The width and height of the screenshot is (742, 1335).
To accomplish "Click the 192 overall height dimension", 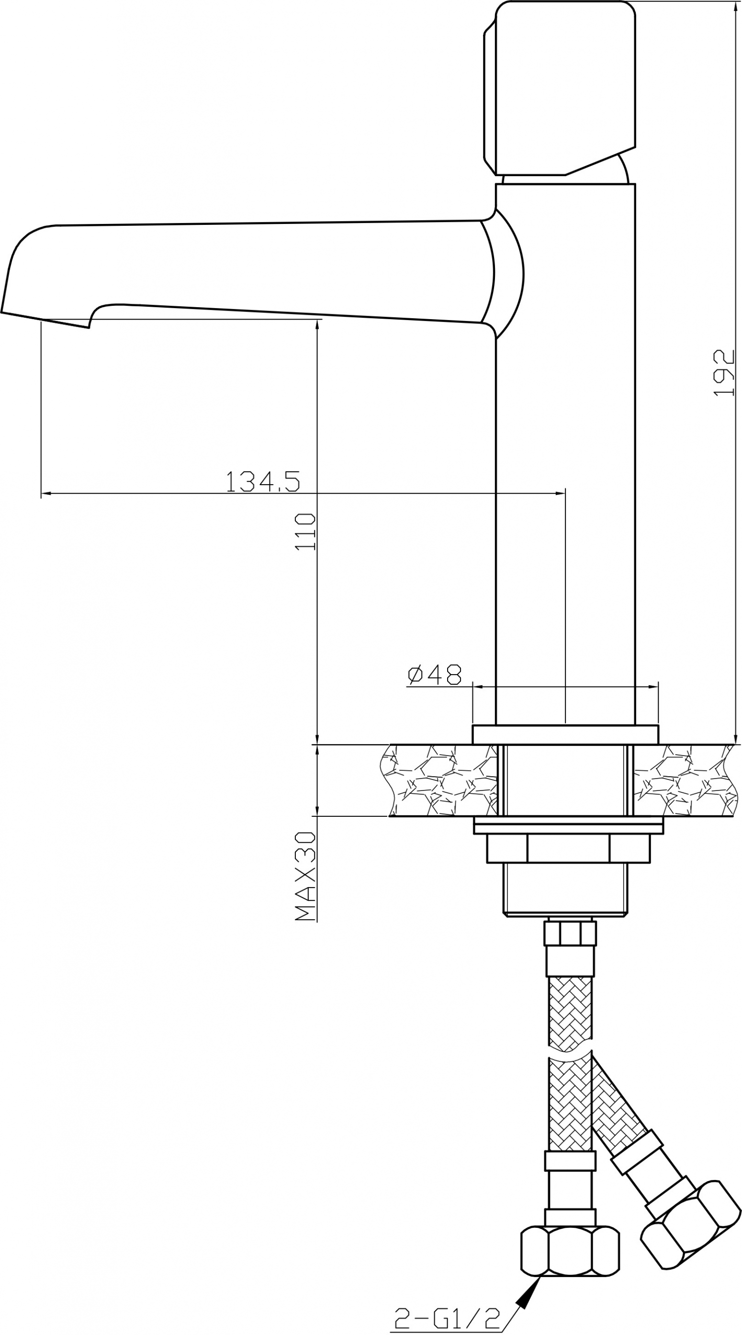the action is pos(724,373).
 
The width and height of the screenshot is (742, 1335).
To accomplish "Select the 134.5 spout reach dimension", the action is pos(263,481).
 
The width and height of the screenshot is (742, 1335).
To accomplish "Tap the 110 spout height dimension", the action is pos(305,533).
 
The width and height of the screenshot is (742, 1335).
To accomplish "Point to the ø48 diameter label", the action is pos(435,675).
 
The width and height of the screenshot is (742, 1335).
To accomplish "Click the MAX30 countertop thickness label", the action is pos(305,876).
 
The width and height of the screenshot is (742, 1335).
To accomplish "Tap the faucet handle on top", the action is pos(560,88).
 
